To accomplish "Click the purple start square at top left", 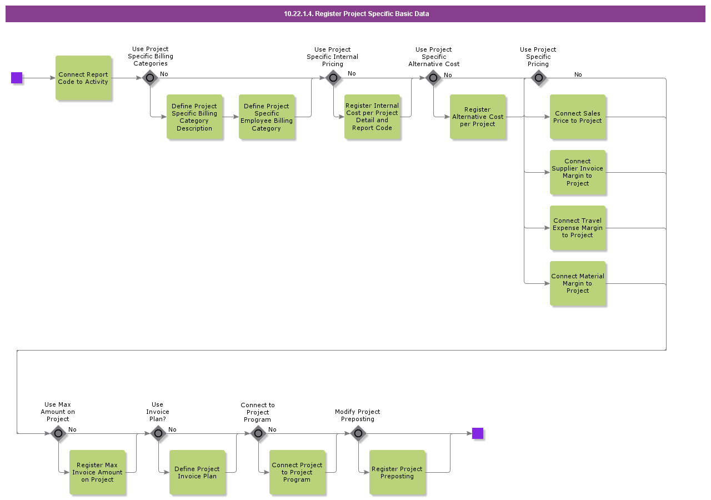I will (17, 78).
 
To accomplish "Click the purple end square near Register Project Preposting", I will (478, 433).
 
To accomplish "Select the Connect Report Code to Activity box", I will (83, 78).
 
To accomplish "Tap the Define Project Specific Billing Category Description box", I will (194, 117).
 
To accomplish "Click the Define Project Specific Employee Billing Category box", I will (267, 117).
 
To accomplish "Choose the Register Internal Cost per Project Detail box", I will (372, 117).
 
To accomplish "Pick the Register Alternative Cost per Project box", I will (478, 117).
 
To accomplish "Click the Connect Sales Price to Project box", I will (578, 117).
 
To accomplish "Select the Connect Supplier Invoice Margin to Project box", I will (578, 172).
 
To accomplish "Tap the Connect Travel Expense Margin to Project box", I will (578, 228).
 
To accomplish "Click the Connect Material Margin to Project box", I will (578, 283).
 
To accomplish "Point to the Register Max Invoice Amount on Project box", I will (97, 472).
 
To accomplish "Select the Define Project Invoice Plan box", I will (197, 472).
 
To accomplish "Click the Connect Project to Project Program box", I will (297, 472).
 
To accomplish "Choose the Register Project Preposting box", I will (397, 472).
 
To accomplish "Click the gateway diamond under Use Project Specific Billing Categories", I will (150, 78).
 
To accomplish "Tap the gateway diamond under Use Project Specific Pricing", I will (538, 78).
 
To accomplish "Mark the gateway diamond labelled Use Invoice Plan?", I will (158, 433).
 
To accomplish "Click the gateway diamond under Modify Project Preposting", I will (358, 433).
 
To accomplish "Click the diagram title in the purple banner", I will (356, 14).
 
